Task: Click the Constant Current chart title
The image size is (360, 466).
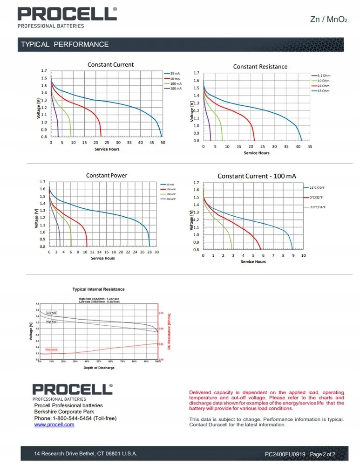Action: click(110, 65)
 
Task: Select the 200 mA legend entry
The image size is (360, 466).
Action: click(176, 88)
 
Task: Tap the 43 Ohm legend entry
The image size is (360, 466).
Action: click(323, 91)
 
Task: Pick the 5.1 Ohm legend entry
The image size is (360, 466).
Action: click(323, 75)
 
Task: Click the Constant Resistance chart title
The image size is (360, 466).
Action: click(260, 67)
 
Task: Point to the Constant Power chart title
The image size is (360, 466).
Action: click(107, 176)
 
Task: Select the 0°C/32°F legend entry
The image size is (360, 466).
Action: click(317, 198)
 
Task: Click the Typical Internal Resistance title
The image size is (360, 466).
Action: click(98, 289)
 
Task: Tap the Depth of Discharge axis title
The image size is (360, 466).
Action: click(99, 368)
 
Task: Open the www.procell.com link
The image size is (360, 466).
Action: click(54, 425)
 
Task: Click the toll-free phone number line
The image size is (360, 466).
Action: click(75, 418)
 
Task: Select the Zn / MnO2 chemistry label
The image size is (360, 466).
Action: click(329, 20)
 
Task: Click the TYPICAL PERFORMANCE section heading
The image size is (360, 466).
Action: click(65, 45)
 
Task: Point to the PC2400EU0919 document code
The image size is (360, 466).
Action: click(285, 454)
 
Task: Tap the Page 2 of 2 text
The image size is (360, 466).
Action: click(322, 454)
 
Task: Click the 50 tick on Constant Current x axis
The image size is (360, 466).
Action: click(163, 143)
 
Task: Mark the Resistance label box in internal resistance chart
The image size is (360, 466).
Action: click(51, 349)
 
